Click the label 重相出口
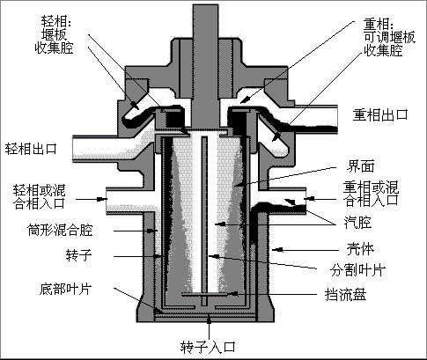tap(380, 114)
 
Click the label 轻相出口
tap(31, 149)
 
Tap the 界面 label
tap(361, 166)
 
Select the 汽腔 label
tap(357, 222)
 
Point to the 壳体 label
tap(361, 249)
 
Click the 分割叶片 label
tap(357, 270)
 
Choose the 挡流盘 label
tap(346, 294)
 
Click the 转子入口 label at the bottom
tap(208, 347)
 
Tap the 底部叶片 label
tap(66, 289)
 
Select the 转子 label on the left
tap(78, 255)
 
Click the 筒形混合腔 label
tap(60, 230)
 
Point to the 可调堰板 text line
tap(390, 37)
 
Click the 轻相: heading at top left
tap(56, 21)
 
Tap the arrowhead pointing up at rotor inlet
tap(209, 320)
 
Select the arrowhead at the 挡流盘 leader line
tap(234, 293)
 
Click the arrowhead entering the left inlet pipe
tap(101, 199)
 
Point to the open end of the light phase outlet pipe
tap(73, 149)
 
